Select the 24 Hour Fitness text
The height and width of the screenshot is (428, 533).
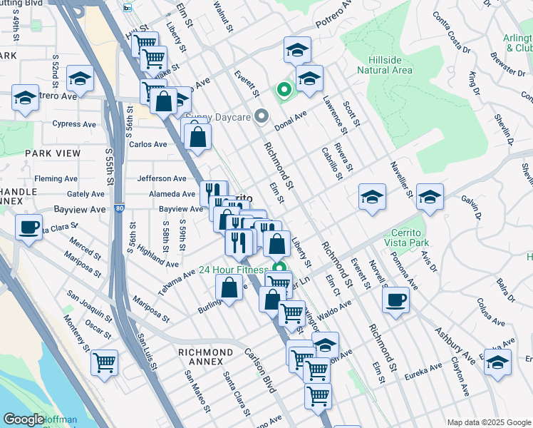(233, 270)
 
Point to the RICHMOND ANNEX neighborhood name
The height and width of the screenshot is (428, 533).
(205, 352)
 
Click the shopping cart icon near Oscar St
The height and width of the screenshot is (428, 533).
(105, 362)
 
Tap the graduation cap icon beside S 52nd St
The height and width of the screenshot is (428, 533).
(81, 78)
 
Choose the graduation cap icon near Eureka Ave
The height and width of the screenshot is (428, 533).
(497, 361)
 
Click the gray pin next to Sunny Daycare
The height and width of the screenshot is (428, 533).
(262, 116)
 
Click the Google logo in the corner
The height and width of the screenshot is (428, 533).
(24, 419)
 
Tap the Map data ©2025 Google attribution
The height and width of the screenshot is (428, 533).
(488, 422)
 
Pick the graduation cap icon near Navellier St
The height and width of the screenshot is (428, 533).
(430, 196)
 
